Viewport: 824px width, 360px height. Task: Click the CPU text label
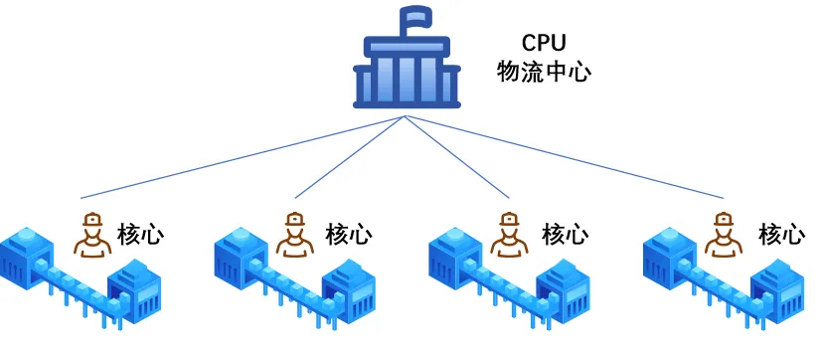544,43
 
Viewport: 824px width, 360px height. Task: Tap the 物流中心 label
544,72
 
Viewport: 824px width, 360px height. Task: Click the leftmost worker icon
92,235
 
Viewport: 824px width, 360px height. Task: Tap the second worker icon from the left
295,235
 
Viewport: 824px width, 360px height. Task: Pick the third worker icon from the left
509,235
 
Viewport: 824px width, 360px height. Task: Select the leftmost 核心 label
140,235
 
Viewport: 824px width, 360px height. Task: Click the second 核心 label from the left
349,235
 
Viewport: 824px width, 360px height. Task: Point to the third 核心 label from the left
565,235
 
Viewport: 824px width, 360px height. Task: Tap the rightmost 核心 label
781,235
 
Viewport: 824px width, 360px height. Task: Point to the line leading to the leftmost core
244,157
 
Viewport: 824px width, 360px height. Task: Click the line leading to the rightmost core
565,157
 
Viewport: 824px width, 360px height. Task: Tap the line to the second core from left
350,157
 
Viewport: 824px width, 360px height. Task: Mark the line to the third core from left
457,157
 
